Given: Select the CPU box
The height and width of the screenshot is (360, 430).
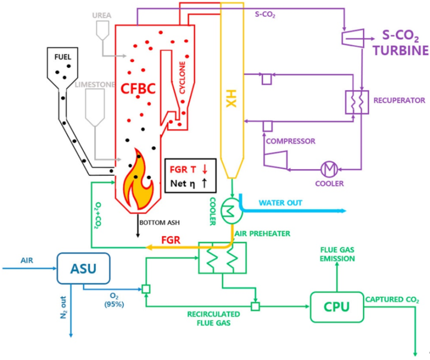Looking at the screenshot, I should (336, 307).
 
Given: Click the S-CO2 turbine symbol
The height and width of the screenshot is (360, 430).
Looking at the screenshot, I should (352, 37).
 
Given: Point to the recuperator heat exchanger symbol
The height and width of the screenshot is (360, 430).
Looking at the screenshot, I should (354, 100).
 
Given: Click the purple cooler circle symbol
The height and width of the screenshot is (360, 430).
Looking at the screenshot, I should (327, 169).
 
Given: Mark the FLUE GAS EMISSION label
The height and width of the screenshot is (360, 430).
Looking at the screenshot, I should (338, 254).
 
